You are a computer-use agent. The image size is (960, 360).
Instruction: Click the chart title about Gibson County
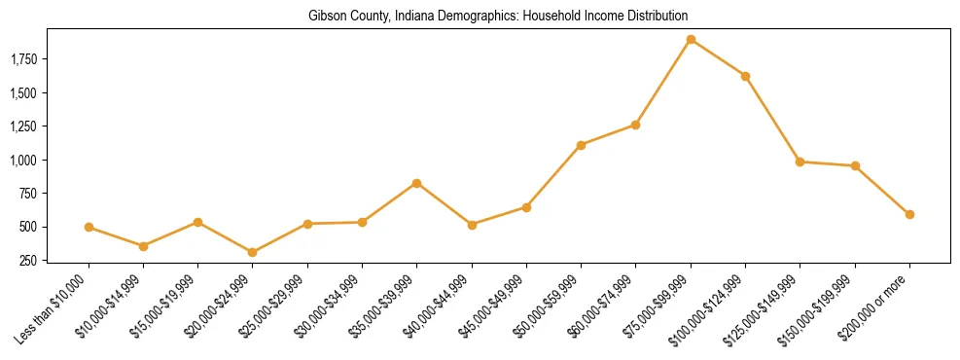point(498,17)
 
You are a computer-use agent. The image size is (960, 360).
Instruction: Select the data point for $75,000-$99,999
point(691,40)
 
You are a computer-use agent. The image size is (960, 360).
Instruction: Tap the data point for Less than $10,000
point(89,227)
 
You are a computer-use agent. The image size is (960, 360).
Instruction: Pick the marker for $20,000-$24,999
point(253,252)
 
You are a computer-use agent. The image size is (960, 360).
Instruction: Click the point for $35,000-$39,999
point(417,183)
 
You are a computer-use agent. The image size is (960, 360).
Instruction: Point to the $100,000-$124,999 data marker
point(745,76)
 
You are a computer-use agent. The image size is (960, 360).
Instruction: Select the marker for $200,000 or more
point(909,214)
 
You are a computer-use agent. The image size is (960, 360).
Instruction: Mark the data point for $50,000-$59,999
point(581,145)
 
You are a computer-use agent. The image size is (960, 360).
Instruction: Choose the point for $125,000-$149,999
point(800,162)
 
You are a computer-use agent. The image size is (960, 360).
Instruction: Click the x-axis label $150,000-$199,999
point(823,308)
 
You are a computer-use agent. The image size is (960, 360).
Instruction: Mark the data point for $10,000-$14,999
point(143,246)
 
